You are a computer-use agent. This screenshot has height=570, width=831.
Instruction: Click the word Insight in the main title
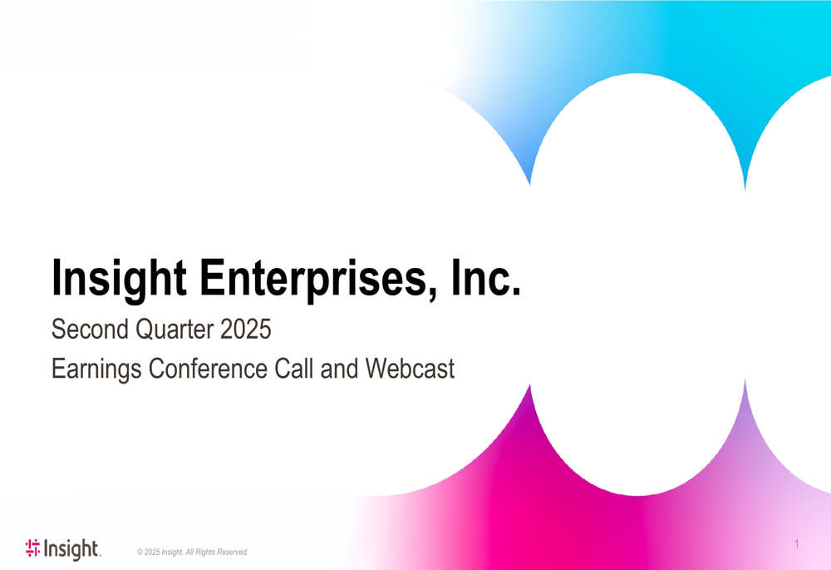(119, 278)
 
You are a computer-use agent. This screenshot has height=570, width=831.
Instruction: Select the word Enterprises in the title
(313, 278)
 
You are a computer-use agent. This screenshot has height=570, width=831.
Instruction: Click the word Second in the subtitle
(90, 330)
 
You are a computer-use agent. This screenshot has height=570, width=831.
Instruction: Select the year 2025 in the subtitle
(246, 330)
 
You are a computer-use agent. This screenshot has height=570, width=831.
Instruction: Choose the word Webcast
(409, 368)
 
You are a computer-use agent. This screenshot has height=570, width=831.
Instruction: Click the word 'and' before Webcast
(339, 368)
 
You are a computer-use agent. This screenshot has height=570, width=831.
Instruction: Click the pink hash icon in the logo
(32, 548)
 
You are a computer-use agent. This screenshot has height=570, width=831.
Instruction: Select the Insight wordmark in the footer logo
(71, 548)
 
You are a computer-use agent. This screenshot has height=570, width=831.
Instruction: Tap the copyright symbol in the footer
(140, 553)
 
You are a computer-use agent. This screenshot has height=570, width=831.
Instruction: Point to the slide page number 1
(796, 544)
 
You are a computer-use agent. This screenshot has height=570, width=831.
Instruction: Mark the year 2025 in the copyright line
(153, 553)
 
